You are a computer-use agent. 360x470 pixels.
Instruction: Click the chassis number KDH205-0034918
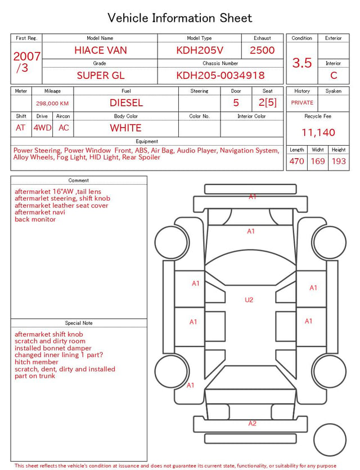pyautogui.click(x=220, y=75)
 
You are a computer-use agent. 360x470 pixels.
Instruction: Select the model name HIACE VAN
pyautogui.click(x=101, y=50)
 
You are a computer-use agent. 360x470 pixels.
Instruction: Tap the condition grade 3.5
pyautogui.click(x=302, y=62)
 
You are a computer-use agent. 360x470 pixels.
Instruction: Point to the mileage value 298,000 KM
pyautogui.click(x=52, y=104)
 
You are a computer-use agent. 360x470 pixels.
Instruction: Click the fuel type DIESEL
pyautogui.click(x=126, y=103)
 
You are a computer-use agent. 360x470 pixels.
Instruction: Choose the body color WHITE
pyautogui.click(x=125, y=128)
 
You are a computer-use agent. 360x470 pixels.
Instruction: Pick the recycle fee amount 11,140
pyautogui.click(x=318, y=132)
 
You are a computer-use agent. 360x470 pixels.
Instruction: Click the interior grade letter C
pyautogui.click(x=334, y=75)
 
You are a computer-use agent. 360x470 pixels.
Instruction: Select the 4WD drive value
pyautogui.click(x=42, y=128)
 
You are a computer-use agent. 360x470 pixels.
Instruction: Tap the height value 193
pyautogui.click(x=339, y=161)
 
